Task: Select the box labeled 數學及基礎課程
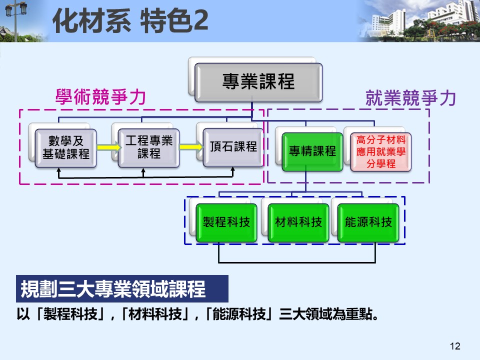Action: pos(65,147)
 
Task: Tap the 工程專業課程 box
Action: pos(148,147)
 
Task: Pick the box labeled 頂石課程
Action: pos(232,147)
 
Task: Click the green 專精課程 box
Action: pos(312,151)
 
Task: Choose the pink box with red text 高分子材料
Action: pos(381,151)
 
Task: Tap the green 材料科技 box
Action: pos(298,222)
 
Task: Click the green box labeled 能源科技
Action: pos(368,222)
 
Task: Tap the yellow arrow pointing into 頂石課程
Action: pos(191,147)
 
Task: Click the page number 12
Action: pos(454,346)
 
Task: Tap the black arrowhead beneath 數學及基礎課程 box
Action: pos(59,171)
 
